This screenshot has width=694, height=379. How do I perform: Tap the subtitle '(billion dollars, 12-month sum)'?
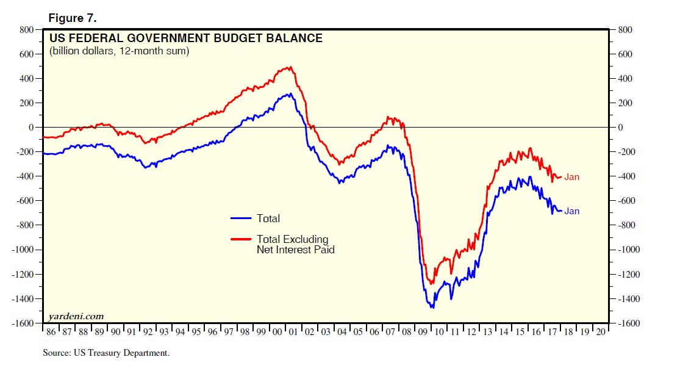tap(120, 51)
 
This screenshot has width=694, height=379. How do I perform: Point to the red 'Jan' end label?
tap(571, 177)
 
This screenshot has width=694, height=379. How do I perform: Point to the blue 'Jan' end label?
tap(571, 211)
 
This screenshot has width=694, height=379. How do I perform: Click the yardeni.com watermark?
tap(76, 316)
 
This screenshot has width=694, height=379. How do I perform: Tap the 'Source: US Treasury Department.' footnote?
tap(106, 353)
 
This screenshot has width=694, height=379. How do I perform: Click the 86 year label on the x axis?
tap(51, 332)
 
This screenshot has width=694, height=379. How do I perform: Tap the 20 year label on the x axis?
tap(600, 332)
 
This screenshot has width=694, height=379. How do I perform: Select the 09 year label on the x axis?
tap(422, 332)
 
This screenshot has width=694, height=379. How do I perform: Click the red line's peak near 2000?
tap(290, 67)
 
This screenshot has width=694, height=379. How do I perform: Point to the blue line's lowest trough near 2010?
tap(432, 308)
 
